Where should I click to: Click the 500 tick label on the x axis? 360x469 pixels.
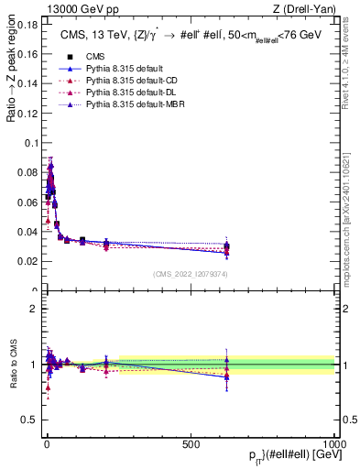(191, 444)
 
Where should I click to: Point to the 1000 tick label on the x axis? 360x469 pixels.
(333, 444)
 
